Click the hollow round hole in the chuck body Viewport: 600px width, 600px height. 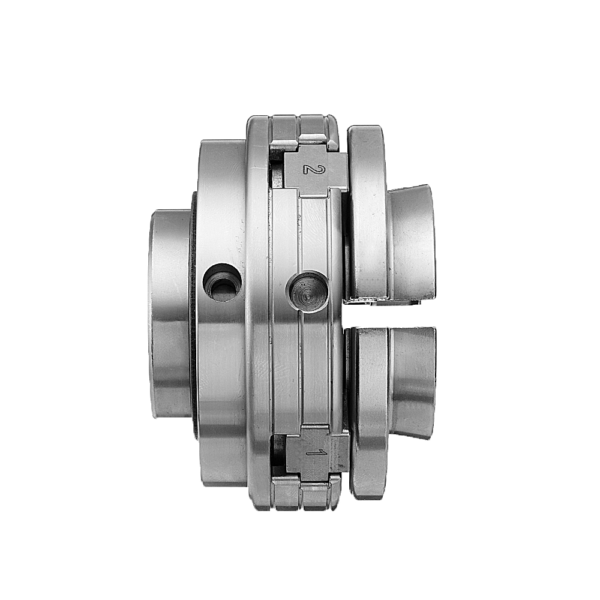(223, 283)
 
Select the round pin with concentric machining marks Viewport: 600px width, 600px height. (307, 292)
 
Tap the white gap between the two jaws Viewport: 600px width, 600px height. (391, 314)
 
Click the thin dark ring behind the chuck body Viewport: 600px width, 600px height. (194, 314)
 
